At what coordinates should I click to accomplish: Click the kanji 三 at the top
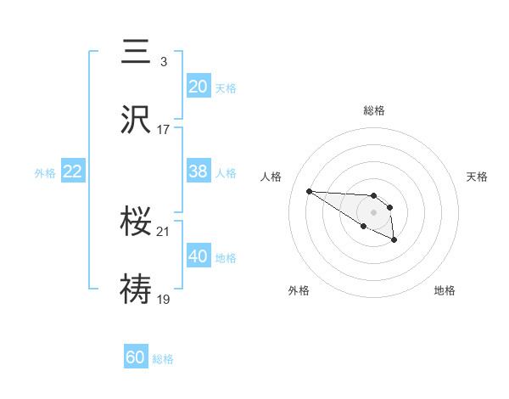(x=137, y=52)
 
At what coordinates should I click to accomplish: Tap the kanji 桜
(x=137, y=222)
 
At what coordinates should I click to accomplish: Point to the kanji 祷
(x=137, y=289)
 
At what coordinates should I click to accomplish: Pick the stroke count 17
(x=164, y=130)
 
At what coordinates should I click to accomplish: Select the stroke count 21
(x=164, y=231)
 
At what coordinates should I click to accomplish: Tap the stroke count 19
(x=164, y=299)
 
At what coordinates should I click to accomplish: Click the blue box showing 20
(x=199, y=87)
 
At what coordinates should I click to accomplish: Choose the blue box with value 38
(x=199, y=171)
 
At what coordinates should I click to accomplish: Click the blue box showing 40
(x=199, y=256)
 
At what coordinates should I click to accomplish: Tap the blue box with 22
(x=73, y=171)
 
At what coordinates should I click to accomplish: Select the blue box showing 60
(x=136, y=357)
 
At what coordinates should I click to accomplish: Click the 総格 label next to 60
(x=163, y=359)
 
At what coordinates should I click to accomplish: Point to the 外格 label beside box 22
(x=45, y=172)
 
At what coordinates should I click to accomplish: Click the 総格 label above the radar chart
(x=374, y=110)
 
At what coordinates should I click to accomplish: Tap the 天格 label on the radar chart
(x=478, y=177)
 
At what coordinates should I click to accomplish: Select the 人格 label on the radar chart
(x=271, y=177)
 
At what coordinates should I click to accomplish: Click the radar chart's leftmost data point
(x=309, y=191)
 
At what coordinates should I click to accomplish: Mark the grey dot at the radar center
(x=374, y=211)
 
